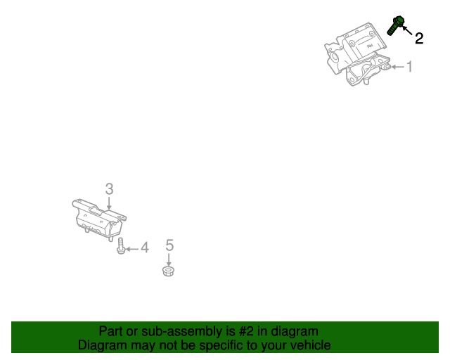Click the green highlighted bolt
tap(395, 25)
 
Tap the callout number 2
tap(419, 39)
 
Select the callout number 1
tap(409, 67)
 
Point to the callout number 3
tap(109, 188)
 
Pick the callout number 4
tap(145, 247)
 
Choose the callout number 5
tap(169, 245)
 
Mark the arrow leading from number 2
tap(408, 30)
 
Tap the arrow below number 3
tap(109, 203)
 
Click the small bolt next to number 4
tap(121, 246)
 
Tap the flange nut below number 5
tap(169, 271)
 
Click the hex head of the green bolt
tap(398, 20)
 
